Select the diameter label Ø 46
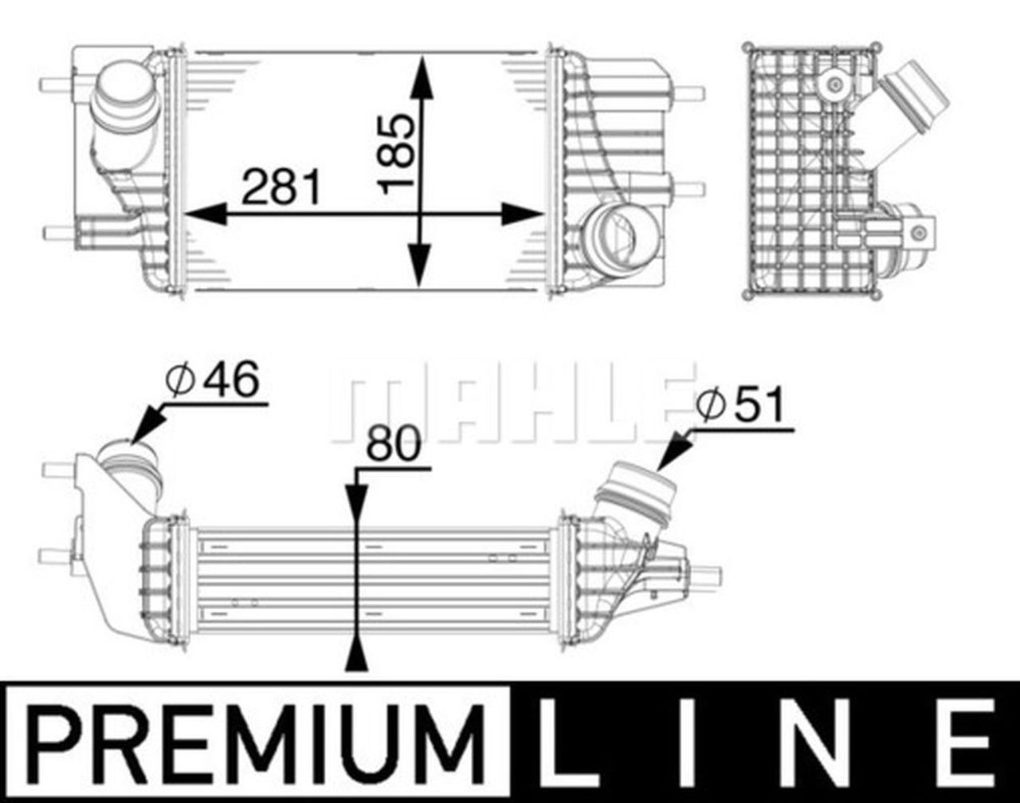[213, 381]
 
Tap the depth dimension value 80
[392, 445]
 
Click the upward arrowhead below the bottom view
[355, 654]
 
